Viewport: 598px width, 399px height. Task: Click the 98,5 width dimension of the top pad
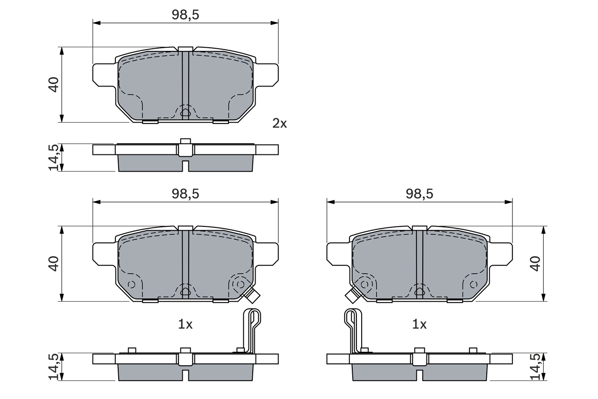click(x=185, y=15)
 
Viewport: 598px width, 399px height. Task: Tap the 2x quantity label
click(x=280, y=123)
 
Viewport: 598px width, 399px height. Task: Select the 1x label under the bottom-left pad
click(x=185, y=324)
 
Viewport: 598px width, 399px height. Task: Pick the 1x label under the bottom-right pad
click(x=419, y=324)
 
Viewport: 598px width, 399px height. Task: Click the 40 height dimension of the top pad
click(x=54, y=85)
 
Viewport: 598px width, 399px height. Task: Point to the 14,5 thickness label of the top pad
click(x=54, y=157)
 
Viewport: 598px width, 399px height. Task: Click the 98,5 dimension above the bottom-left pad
click(x=185, y=194)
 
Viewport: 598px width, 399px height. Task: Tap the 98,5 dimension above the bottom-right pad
click(x=419, y=194)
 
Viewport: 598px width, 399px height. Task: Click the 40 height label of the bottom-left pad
click(x=54, y=263)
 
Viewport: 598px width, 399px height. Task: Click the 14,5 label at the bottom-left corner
click(x=54, y=366)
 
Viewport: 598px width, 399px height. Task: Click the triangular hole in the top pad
click(x=185, y=112)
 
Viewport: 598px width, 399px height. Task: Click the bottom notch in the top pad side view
click(x=185, y=166)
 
